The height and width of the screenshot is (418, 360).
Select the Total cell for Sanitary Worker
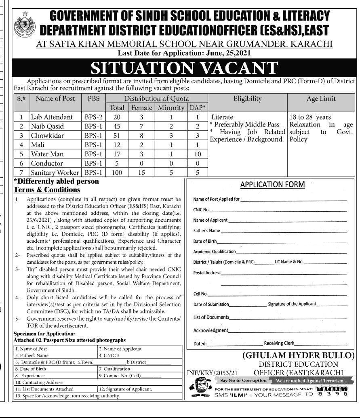coord(117,172)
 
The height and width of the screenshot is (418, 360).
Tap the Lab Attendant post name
coord(52,117)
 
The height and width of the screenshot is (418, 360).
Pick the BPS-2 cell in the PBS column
coord(93,117)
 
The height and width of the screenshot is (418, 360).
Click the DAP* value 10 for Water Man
coord(197,154)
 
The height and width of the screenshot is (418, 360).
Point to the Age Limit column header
coord(321,98)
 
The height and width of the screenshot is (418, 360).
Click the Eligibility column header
coord(247,98)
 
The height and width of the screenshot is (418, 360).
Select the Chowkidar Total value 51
coord(117,135)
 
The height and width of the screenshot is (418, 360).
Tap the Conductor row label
coord(47,163)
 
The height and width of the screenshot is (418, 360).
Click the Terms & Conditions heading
coord(47,189)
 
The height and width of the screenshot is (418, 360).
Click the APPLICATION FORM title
coord(272,185)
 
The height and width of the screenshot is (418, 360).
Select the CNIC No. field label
coord(201,210)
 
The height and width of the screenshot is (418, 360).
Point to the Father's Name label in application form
coord(206,231)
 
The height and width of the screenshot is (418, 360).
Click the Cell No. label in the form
coord(200,294)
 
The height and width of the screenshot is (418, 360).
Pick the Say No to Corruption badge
coord(243,380)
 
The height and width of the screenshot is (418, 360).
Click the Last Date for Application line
coord(179,52)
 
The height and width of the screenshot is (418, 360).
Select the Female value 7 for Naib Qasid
coord(141,126)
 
